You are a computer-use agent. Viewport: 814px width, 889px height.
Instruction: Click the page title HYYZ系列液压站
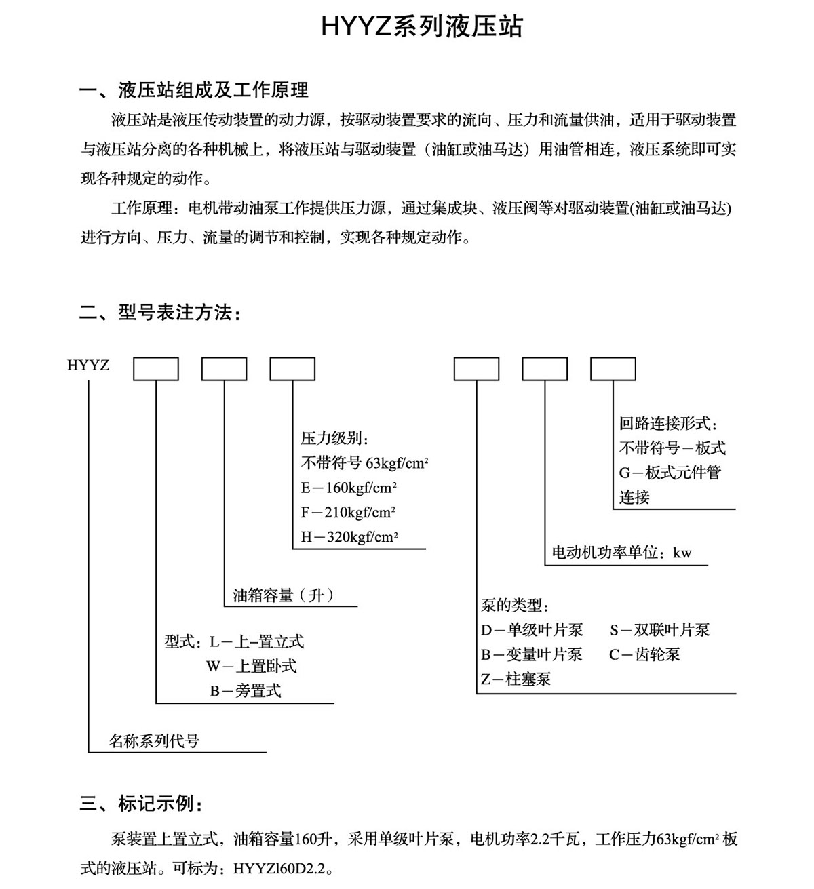[421, 27]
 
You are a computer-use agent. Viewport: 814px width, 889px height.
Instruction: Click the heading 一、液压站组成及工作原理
[194, 90]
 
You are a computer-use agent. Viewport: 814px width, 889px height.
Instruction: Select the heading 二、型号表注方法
[160, 313]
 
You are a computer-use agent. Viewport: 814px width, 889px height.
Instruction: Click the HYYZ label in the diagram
[88, 366]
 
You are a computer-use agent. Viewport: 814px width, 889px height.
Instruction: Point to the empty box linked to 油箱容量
[224, 369]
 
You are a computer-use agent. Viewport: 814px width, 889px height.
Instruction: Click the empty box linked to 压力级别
[292, 369]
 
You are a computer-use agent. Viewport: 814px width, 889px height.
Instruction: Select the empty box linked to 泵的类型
[476, 369]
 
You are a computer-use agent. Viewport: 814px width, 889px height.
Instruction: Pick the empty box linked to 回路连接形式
[613, 369]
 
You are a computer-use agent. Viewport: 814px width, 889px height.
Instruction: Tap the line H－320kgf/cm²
[349, 537]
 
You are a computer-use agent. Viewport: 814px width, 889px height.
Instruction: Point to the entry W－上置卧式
[252, 666]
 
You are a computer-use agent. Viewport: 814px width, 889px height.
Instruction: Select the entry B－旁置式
[245, 691]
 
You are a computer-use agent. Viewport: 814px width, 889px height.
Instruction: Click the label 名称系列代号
[155, 741]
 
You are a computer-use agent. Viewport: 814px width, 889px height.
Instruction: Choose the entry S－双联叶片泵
[659, 630]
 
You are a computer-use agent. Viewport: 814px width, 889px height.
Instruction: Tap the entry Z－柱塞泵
[516, 679]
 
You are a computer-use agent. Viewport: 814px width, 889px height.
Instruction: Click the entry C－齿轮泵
[644, 654]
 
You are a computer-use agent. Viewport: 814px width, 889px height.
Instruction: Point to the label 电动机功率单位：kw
[622, 553]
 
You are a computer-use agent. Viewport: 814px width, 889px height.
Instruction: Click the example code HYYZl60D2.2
[283, 869]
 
